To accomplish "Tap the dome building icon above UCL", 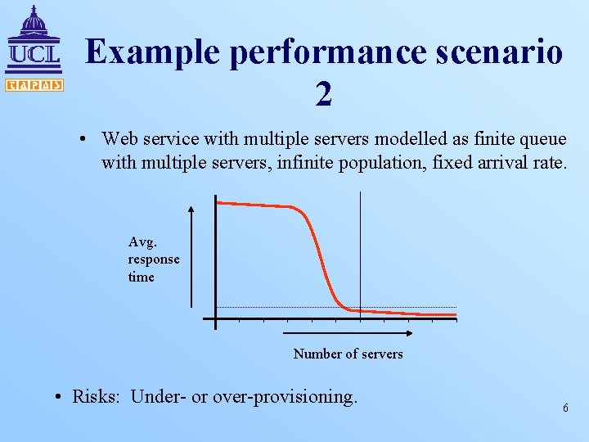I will [x=33, y=23].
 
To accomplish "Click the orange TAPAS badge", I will [x=34, y=84].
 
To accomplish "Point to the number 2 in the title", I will [x=324, y=96].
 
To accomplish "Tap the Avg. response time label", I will [x=153, y=259].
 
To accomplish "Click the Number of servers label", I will [x=348, y=354].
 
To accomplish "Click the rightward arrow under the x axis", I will [x=344, y=334].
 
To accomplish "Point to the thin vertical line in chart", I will [x=360, y=246].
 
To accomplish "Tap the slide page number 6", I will [x=565, y=408].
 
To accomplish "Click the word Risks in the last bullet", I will [x=97, y=397].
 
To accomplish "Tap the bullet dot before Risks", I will [x=61, y=398].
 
